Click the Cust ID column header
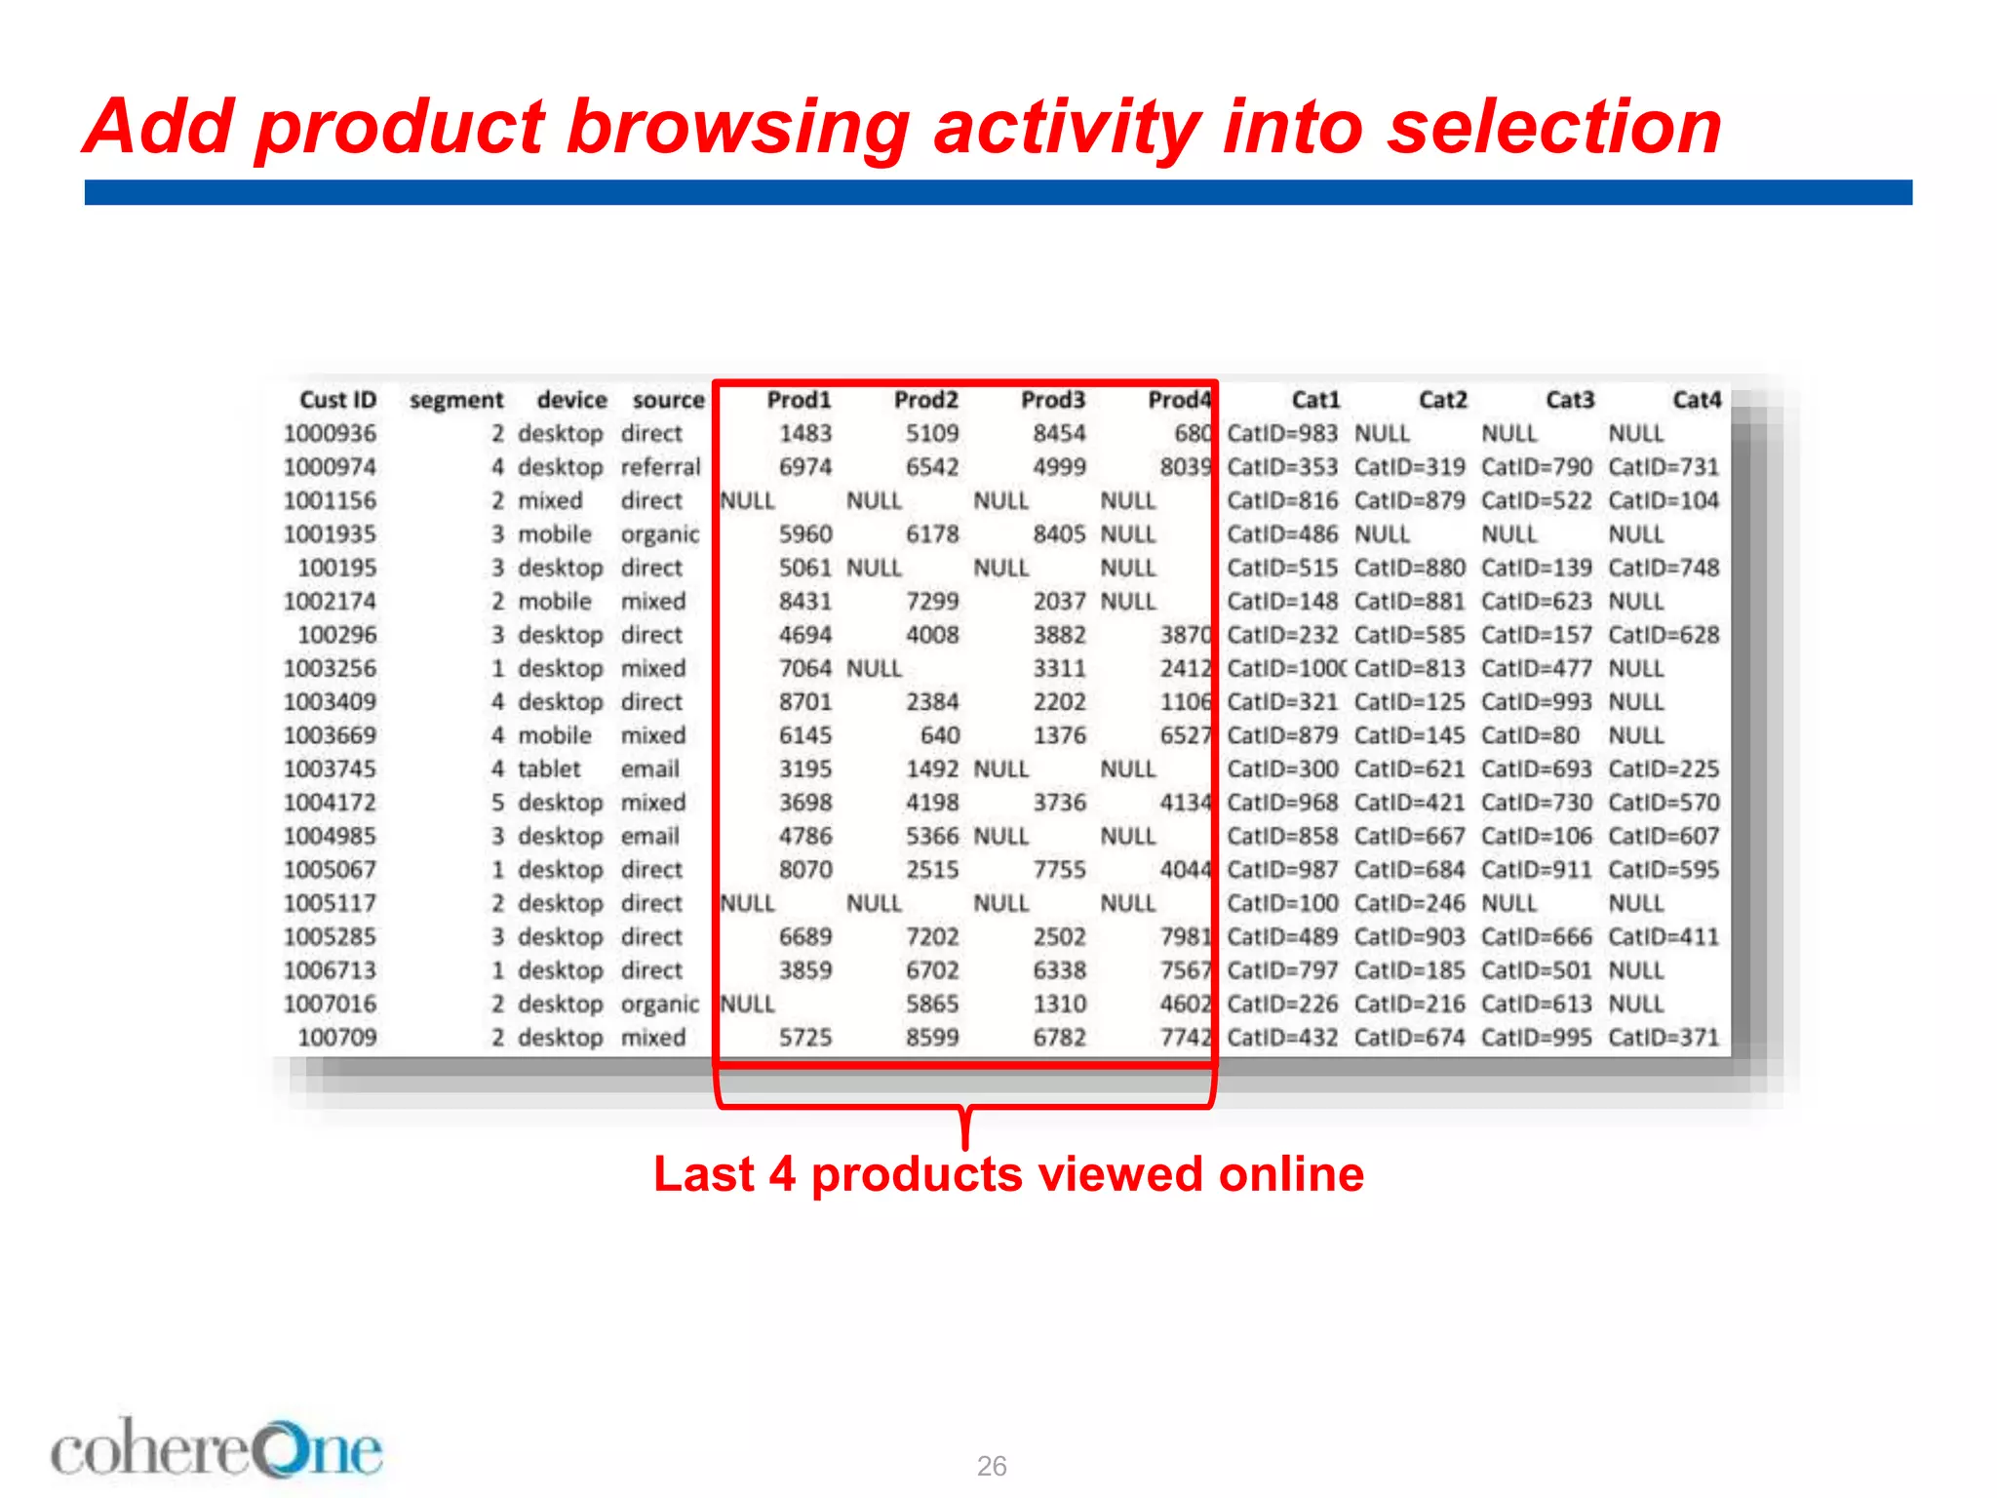[x=337, y=400]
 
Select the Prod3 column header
[x=1052, y=400]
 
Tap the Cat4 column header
[x=1697, y=400]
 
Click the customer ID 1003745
[x=330, y=769]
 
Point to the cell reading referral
[x=660, y=467]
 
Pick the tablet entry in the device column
[x=549, y=769]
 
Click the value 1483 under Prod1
[x=804, y=433]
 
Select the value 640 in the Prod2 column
[x=939, y=735]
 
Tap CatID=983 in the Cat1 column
[x=1282, y=433]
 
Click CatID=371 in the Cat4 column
[x=1664, y=1038]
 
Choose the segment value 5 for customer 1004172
[x=497, y=803]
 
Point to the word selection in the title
[x=1554, y=128]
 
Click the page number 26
[x=992, y=1466]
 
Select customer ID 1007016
[x=330, y=1005]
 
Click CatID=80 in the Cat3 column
[x=1530, y=735]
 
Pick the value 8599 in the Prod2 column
[x=931, y=1038]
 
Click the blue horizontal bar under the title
[x=998, y=192]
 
